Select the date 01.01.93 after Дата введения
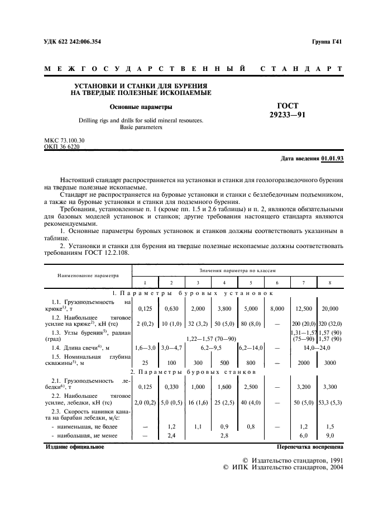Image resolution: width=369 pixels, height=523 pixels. (x=333, y=159)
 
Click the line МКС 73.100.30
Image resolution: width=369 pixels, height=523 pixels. (x=64, y=140)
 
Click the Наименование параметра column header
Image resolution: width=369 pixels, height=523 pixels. (x=87, y=275)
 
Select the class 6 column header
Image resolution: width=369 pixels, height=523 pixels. (x=277, y=283)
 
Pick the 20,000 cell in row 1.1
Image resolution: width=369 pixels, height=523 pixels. (x=330, y=308)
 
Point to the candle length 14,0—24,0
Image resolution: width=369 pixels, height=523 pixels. (x=317, y=348)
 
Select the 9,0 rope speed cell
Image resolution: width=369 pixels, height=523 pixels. (x=330, y=435)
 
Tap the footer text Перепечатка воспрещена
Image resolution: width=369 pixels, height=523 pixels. (x=310, y=447)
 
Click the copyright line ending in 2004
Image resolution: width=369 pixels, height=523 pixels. (x=284, y=467)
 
